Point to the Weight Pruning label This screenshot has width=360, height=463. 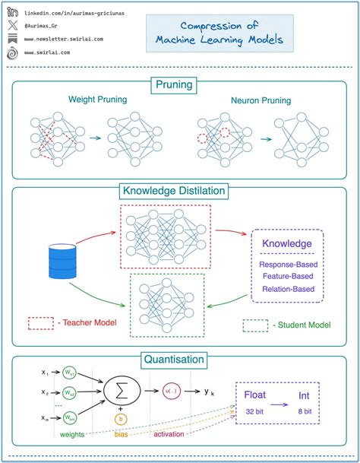tap(98, 100)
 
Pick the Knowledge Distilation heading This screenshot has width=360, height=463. tap(180, 191)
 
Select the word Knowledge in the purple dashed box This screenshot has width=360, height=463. tap(286, 244)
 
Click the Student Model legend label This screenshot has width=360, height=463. tap(303, 325)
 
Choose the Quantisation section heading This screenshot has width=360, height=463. tap(180, 359)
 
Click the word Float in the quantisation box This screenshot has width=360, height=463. tap(255, 395)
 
